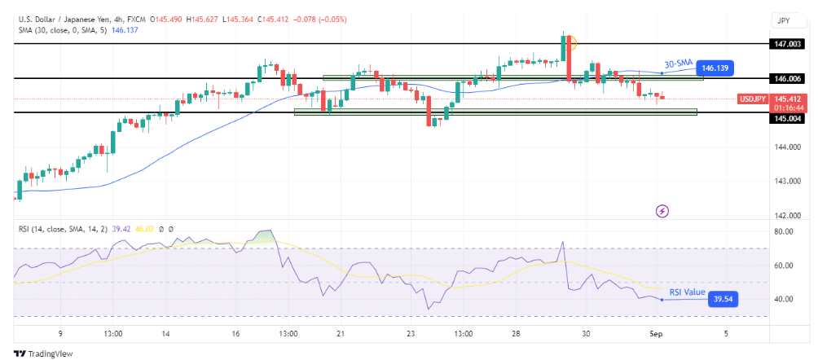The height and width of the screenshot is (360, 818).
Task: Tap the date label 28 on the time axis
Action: coord(516,333)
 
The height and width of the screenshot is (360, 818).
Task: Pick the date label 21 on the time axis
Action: coord(342,333)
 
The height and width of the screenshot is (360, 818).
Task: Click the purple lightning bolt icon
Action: coord(662,211)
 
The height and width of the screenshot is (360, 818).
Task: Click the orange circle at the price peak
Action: coord(570,42)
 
